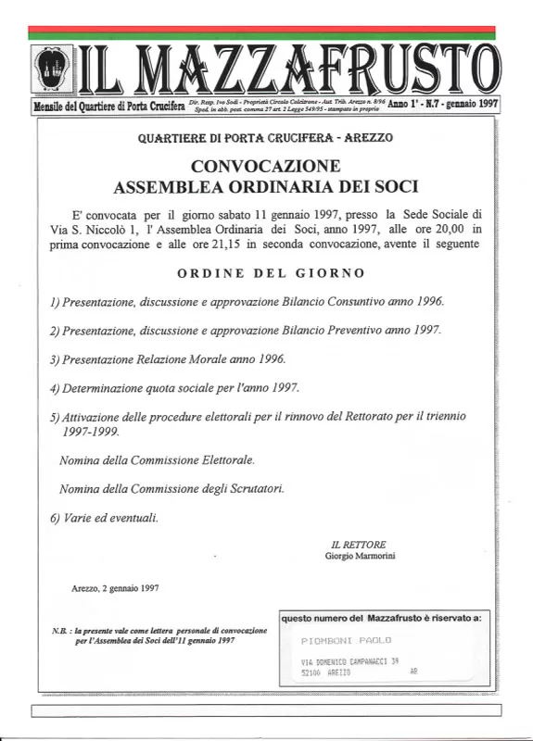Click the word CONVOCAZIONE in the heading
pyautogui.click(x=265, y=167)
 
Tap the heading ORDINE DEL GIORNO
pyautogui.click(x=271, y=273)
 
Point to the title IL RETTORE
pyautogui.click(x=358, y=544)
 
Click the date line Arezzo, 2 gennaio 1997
pyautogui.click(x=115, y=587)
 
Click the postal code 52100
pyautogui.click(x=312, y=673)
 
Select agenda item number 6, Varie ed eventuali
pyautogui.click(x=104, y=518)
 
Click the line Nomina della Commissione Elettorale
pyautogui.click(x=157, y=459)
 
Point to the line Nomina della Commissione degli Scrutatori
pyautogui.click(x=171, y=488)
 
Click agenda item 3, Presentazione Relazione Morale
pyautogui.click(x=168, y=358)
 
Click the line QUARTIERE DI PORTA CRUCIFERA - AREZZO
pyautogui.click(x=265, y=138)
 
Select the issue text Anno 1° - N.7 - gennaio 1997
pyautogui.click(x=443, y=106)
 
